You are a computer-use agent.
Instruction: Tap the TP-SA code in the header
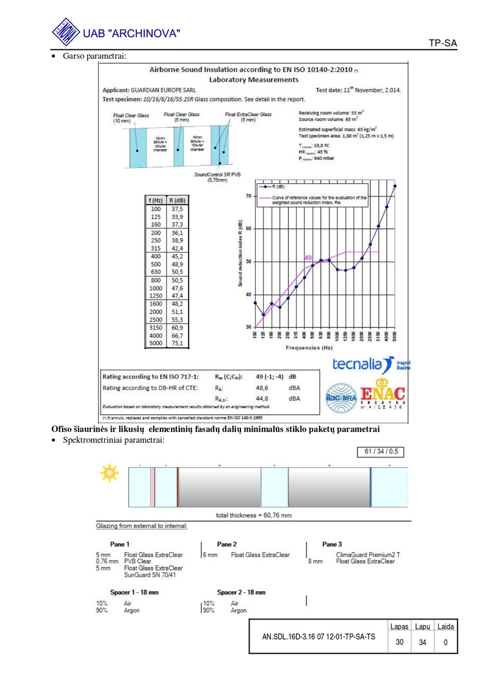point(442,43)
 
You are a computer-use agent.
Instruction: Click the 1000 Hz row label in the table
point(156,288)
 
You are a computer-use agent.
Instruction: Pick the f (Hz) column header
point(156,200)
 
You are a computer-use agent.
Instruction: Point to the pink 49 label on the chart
point(308,258)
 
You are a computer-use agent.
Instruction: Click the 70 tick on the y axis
point(248,196)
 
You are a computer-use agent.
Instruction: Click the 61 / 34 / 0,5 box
point(380,452)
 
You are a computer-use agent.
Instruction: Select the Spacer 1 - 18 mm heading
point(127,592)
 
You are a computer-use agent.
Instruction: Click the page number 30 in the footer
point(399,642)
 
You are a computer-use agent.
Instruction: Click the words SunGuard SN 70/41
point(153,575)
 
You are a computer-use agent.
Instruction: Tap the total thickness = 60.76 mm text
point(254,515)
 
